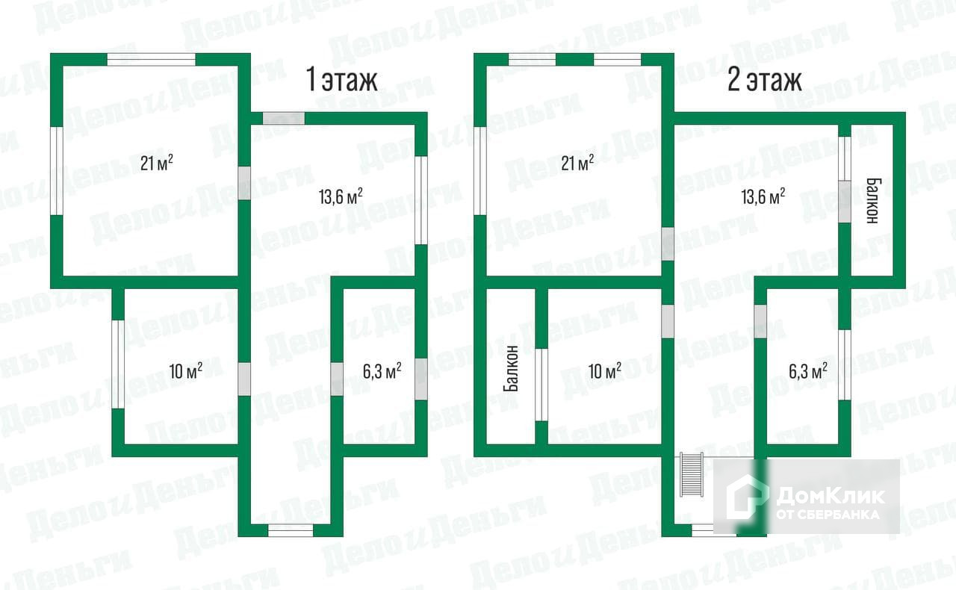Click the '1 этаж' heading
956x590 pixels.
coord(343,80)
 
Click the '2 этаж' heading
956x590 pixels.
coord(765,80)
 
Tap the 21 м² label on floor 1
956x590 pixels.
coord(157,162)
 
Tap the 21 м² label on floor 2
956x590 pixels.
coord(577,162)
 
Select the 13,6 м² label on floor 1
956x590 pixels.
coord(341,196)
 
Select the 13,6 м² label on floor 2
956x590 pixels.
coord(763,196)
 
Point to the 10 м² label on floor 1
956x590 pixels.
coord(185,371)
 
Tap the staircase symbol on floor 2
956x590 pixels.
coord(691,475)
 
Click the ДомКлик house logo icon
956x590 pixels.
coord(748,498)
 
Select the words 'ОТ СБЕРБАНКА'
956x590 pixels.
coord(828,514)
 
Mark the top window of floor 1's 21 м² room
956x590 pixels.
coord(151,59)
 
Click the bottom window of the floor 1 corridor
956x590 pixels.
coord(291,530)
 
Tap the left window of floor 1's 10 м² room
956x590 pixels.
coord(117,364)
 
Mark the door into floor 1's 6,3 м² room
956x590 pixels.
coord(337,379)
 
